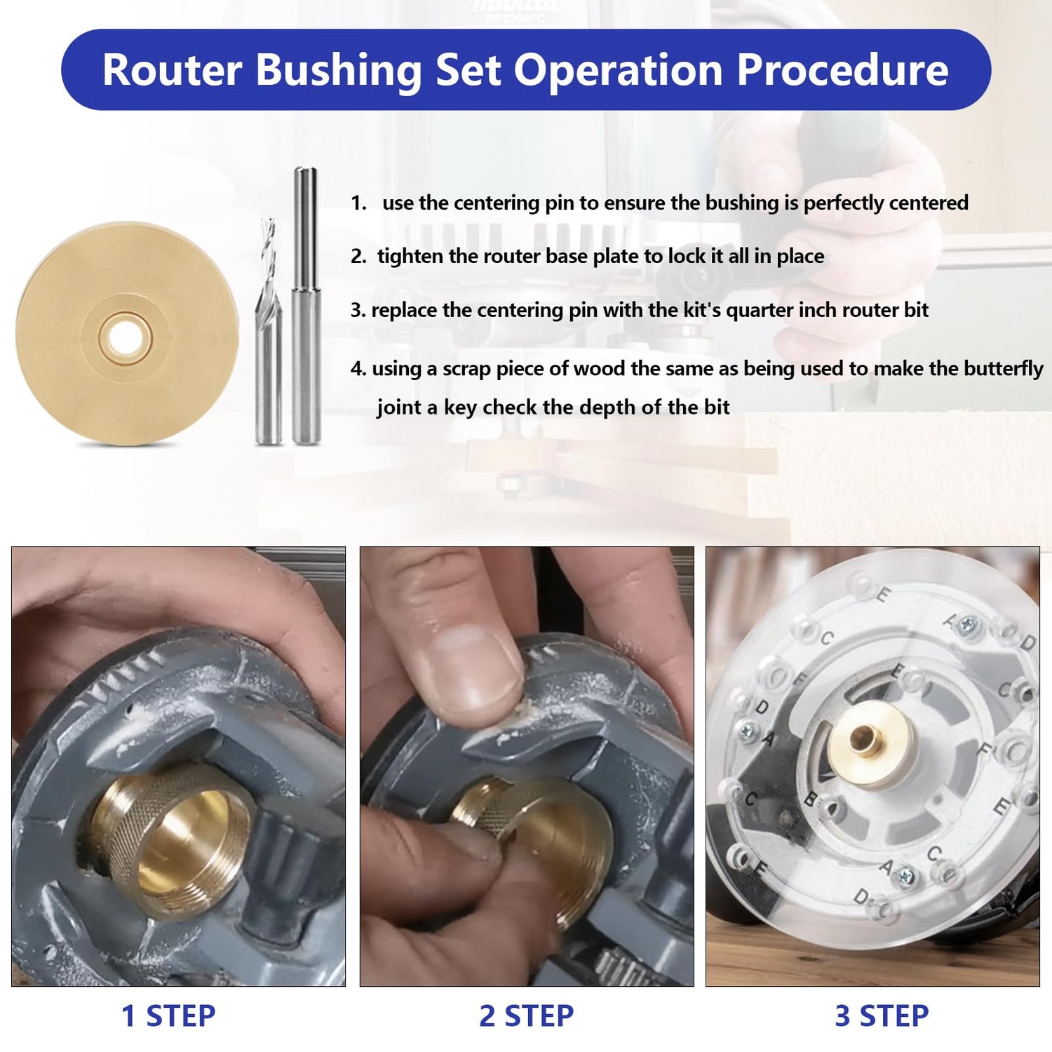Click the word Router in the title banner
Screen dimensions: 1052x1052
[172, 70]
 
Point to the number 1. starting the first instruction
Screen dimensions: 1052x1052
[358, 203]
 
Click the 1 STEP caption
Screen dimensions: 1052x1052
[168, 1016]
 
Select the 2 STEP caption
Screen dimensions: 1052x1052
[526, 1016]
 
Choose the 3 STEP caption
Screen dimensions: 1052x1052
[882, 1016]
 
